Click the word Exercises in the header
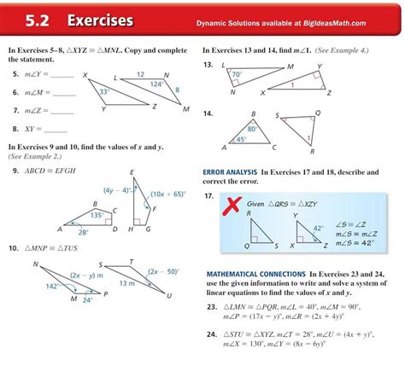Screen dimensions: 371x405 click(100, 20)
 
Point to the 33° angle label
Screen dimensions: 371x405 click(103, 91)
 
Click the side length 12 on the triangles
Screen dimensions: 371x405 click(140, 74)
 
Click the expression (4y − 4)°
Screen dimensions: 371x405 click(117, 190)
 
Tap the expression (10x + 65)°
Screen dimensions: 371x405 click(167, 194)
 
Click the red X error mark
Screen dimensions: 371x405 click(229, 205)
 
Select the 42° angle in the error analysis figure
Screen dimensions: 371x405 click(317, 229)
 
